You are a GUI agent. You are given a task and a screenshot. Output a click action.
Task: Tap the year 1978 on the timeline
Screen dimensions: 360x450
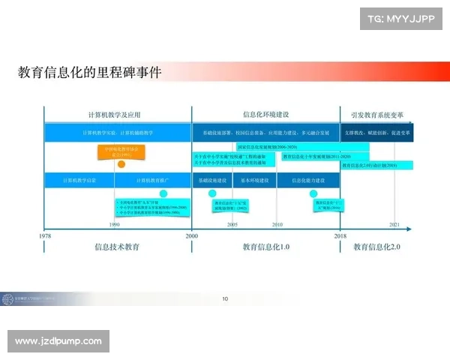(x=46, y=235)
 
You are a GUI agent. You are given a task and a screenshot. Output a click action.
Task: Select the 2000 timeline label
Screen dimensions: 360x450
(x=192, y=235)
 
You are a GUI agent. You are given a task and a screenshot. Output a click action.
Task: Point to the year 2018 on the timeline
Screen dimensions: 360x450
(x=340, y=235)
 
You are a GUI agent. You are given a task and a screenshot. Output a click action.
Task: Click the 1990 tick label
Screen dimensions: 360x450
(x=115, y=224)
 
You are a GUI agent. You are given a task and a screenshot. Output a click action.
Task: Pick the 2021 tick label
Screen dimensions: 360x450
(x=394, y=224)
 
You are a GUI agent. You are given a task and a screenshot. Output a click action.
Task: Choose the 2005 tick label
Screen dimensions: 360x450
(x=233, y=224)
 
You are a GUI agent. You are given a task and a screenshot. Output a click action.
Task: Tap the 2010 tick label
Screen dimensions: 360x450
(x=277, y=224)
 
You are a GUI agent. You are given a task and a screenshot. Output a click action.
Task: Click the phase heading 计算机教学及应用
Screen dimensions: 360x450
(x=114, y=115)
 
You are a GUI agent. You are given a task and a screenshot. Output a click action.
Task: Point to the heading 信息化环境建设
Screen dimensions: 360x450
(x=265, y=115)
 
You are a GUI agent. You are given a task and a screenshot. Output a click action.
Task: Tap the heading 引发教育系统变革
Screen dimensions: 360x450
(x=377, y=115)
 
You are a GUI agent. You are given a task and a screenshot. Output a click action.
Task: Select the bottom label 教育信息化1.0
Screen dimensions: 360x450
(x=265, y=247)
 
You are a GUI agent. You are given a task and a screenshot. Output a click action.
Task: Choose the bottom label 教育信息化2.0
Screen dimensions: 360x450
(x=377, y=247)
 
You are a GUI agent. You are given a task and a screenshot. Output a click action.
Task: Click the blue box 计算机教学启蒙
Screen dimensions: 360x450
(x=79, y=181)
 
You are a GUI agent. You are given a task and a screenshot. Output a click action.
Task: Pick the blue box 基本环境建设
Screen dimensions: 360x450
(x=256, y=181)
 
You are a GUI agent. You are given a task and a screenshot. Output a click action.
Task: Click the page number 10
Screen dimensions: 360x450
(x=225, y=298)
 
